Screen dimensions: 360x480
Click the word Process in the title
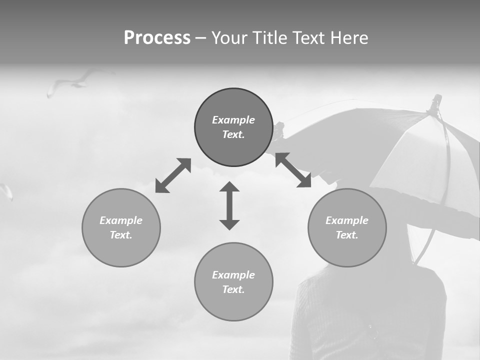coord(157,37)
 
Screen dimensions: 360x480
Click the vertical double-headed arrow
coord(229,205)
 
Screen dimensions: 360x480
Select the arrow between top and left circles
coord(173,175)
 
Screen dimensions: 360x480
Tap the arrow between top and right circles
coord(293,170)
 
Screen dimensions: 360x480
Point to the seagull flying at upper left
coord(75,82)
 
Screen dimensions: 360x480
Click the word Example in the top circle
coord(233,120)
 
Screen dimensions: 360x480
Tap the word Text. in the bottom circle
coord(233,289)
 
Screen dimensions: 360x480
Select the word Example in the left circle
coord(121,220)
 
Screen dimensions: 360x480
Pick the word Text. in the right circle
coord(347,235)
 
